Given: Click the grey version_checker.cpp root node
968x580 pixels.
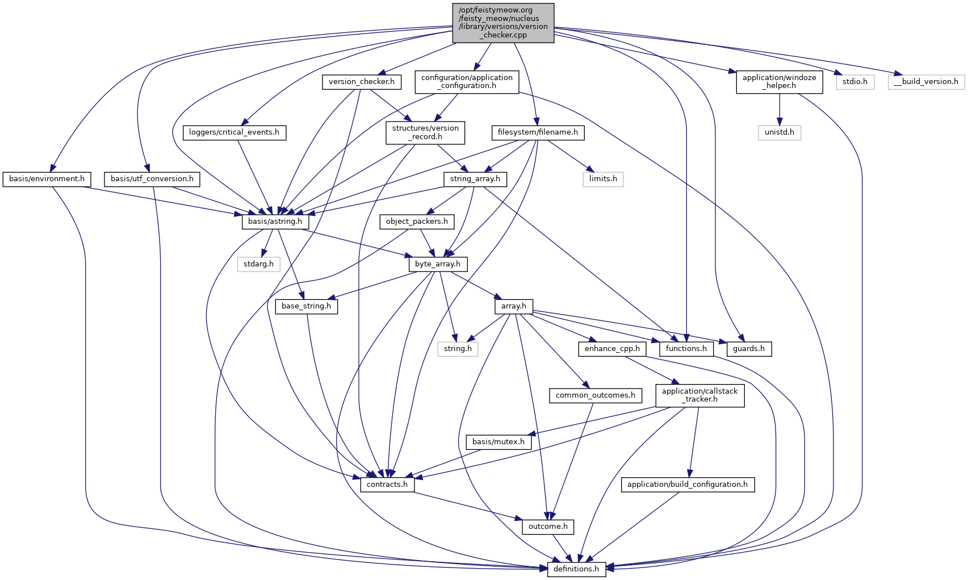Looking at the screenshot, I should click(503, 23).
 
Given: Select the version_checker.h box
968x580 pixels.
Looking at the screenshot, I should click(362, 82).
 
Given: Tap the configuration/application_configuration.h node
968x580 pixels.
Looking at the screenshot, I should click(467, 82).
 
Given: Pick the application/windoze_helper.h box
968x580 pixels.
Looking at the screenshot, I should click(779, 82).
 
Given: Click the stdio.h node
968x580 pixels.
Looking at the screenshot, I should click(854, 82).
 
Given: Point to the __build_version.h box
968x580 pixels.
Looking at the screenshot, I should click(926, 82).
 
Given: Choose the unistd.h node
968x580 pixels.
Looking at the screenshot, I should click(779, 132).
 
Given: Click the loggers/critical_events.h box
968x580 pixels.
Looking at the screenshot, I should click(234, 132).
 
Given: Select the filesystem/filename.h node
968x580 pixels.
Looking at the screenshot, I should click(538, 132).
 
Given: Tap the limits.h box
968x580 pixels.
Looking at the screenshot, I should click(602, 179).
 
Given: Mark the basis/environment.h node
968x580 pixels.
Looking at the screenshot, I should click(47, 179).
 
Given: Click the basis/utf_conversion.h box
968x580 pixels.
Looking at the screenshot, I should click(152, 179).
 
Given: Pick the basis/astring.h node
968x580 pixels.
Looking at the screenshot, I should click(275, 222).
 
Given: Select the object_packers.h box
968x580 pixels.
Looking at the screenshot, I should click(417, 222).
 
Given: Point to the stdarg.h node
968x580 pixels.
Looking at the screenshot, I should click(258, 264).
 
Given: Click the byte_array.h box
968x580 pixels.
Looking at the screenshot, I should click(437, 264).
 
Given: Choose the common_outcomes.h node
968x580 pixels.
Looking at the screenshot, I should click(595, 395).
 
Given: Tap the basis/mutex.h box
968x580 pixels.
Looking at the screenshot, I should click(498, 442).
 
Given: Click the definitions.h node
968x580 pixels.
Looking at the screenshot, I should click(576, 569).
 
